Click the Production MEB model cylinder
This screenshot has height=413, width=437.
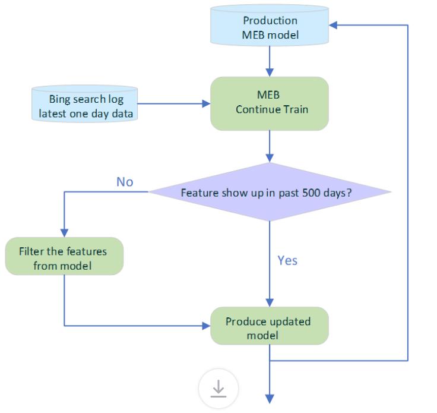[270, 27]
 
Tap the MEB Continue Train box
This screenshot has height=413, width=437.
[270, 103]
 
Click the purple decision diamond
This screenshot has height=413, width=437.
[270, 193]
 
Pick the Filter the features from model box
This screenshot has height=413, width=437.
[64, 257]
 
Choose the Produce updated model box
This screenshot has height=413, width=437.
[270, 326]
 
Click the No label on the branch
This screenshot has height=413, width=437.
[125, 182]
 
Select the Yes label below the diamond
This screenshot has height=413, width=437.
[287, 260]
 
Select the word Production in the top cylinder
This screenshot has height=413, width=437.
[270, 21]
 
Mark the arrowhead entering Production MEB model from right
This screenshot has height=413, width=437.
[333, 26]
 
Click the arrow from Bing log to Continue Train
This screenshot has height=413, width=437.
[172, 105]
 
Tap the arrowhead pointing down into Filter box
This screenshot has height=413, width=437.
[64, 232]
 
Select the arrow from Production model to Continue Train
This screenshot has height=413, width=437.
[270, 59]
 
